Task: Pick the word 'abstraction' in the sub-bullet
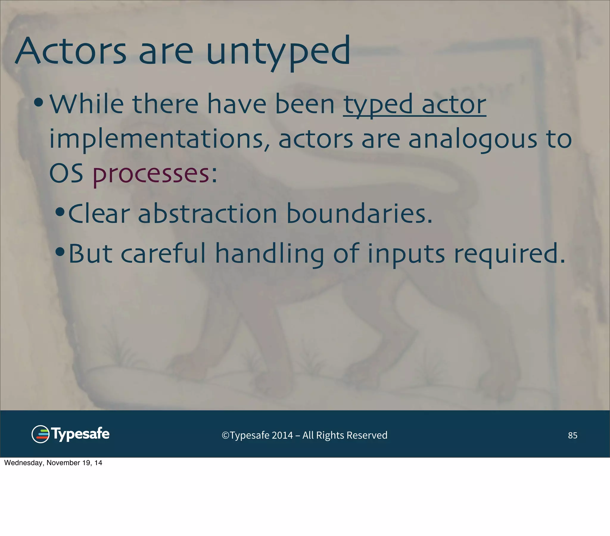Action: point(207,214)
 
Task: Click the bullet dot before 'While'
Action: point(39,103)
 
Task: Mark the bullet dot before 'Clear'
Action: point(60,212)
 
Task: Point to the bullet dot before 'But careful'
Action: point(60,252)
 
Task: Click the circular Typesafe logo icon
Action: point(40,434)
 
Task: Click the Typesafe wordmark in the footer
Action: point(81,434)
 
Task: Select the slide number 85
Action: point(572,435)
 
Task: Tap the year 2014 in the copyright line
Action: point(282,435)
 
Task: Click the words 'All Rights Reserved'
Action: point(345,435)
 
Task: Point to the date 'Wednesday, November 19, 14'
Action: point(53,463)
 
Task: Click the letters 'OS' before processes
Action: point(66,174)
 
